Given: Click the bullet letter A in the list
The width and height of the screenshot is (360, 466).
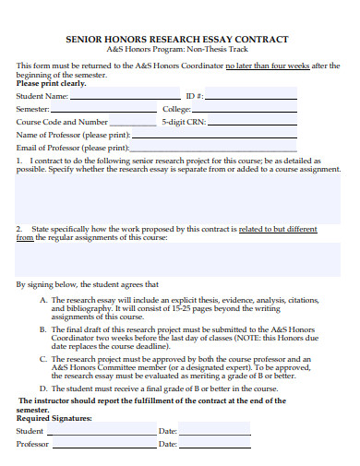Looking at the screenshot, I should tap(43, 300).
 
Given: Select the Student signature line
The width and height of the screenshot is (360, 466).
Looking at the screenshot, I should tap(101, 431).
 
